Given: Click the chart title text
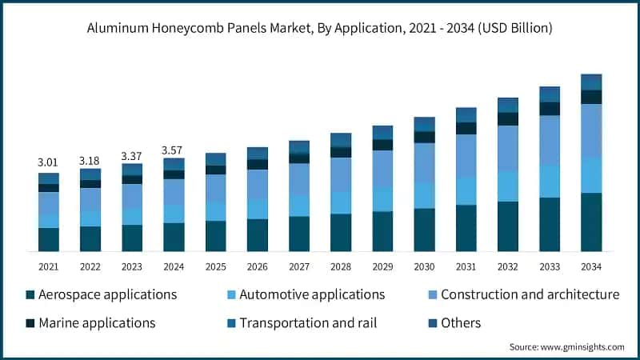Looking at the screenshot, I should coord(320,28).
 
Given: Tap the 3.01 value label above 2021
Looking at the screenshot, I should coord(49,162).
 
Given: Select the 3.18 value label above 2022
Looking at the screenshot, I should coord(90,161).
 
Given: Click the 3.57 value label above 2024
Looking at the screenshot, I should coord(174,150).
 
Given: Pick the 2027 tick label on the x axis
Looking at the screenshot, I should coord(299,266).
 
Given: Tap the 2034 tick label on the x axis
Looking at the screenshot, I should coord(591,266).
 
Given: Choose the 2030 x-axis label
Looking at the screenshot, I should coord(424,266).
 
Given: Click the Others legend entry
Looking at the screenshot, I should coord(460,323).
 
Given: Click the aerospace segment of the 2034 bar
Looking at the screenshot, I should coord(591,222).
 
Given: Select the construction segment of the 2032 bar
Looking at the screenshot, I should coord(508,148).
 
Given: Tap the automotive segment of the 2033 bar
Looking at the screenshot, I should coord(550,181).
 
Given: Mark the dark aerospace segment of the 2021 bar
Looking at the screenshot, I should coord(49,239).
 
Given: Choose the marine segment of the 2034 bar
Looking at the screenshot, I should coord(591,97).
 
